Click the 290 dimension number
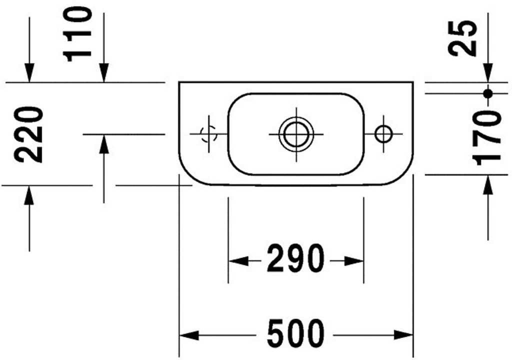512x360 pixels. pyautogui.click(x=296, y=258)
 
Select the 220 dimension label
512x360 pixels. pyautogui.click(x=28, y=134)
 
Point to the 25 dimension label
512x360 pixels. pyautogui.click(x=461, y=38)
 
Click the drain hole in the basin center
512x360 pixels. pyautogui.click(x=296, y=134)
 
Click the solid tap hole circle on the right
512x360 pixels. pyautogui.click(x=383, y=134)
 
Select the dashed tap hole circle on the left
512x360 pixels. pyautogui.click(x=208, y=133)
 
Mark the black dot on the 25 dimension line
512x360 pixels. pyautogui.click(x=488, y=94)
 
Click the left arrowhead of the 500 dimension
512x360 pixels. pyautogui.click(x=189, y=335)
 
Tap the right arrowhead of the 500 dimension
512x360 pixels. pyautogui.click(x=403, y=335)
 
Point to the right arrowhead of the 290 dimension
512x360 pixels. pyautogui.click(x=354, y=261)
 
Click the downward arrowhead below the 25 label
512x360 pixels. pyautogui.click(x=488, y=72)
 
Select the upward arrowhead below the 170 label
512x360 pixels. pyautogui.click(x=488, y=184)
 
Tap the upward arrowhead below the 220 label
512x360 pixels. pyautogui.click(x=29, y=195)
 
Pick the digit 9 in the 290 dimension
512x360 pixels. pyautogui.click(x=296, y=258)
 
